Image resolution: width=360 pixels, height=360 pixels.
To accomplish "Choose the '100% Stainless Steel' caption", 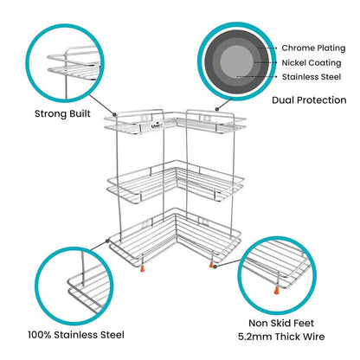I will tap(74, 333).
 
